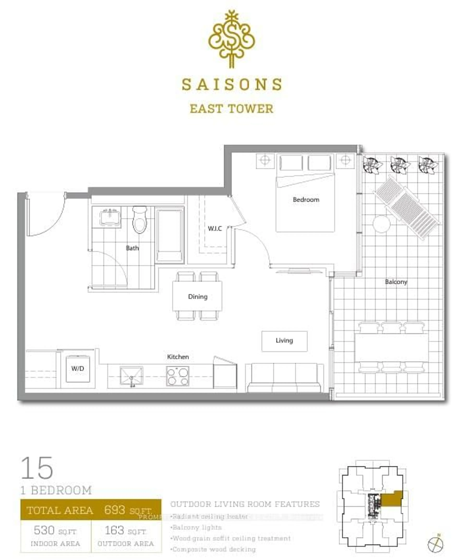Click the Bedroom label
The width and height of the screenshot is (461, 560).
[x=306, y=200]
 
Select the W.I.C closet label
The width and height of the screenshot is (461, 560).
[x=215, y=229]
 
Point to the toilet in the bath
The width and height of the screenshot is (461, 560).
[x=139, y=220]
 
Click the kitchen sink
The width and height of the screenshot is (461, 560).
[x=131, y=375]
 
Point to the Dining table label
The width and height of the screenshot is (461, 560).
[x=198, y=296]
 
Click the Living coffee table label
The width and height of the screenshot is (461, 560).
[x=284, y=340]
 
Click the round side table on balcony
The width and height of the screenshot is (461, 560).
[x=381, y=224]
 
